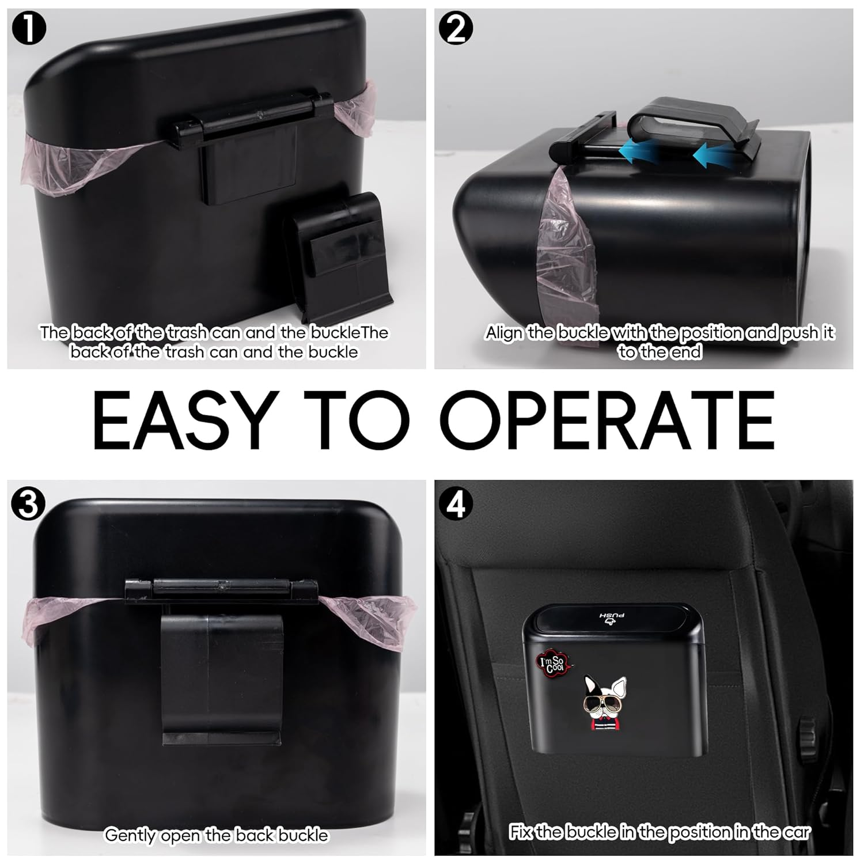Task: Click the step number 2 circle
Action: tap(455, 29)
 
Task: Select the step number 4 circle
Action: tap(456, 505)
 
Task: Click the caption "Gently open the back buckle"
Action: tap(216, 835)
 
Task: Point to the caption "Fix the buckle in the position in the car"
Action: tap(659, 832)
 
